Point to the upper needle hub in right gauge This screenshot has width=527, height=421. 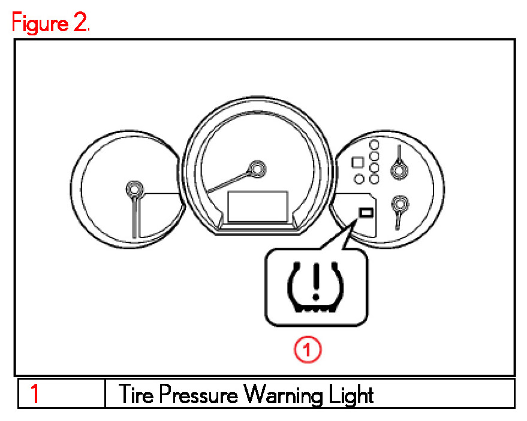tap(397, 171)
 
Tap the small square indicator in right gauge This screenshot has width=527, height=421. tap(357, 162)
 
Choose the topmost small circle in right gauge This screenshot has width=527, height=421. tap(375, 144)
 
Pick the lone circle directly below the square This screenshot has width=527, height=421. tap(360, 178)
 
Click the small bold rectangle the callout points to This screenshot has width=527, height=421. tap(365, 212)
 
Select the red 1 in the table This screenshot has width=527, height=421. tap(35, 394)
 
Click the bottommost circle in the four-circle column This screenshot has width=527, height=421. tap(375, 179)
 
